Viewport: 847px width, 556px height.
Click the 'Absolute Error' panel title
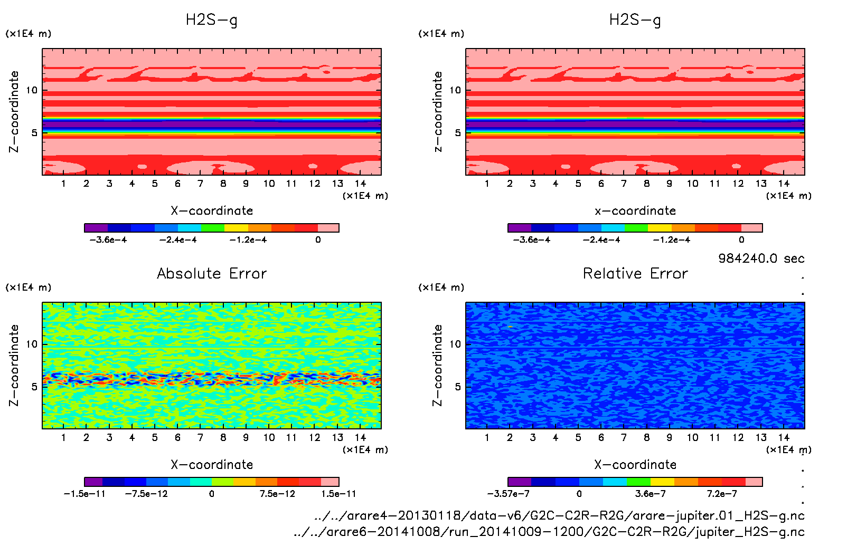[212, 273]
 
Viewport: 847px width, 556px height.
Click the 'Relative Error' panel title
[635, 273]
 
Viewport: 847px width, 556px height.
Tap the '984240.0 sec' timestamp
[761, 258]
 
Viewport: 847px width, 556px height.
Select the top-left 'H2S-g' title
[211, 20]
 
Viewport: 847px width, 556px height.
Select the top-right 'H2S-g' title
[635, 20]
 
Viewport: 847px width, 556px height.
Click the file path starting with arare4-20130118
[559, 515]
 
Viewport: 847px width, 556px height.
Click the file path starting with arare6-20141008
[549, 532]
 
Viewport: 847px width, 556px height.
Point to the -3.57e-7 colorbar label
[508, 494]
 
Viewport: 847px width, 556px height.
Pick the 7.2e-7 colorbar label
[722, 494]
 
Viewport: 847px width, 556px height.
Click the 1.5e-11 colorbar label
[338, 494]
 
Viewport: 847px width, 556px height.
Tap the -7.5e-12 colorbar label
[146, 494]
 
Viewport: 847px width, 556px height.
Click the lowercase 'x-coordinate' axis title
[635, 211]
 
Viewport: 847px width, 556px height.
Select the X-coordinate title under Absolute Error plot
[212, 465]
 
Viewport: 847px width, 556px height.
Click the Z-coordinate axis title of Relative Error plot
[437, 365]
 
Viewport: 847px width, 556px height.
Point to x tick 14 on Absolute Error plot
[361, 437]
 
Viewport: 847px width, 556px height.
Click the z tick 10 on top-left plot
[32, 90]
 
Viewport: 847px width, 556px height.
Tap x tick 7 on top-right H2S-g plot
[624, 184]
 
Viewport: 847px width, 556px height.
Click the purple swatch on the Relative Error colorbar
[520, 482]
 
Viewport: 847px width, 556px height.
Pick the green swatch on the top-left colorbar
[213, 228]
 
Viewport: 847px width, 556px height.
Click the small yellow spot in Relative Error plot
[510, 327]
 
